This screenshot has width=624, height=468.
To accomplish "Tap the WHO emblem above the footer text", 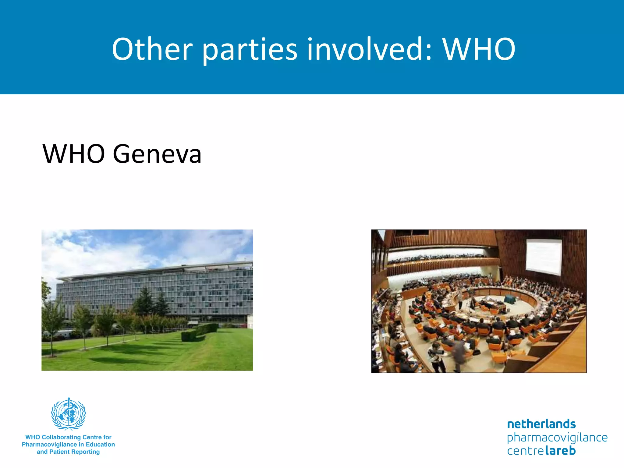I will pos(69,413).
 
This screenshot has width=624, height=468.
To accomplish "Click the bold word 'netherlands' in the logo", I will pos(541,424).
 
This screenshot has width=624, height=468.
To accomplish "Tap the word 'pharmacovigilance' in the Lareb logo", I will pos(557,438).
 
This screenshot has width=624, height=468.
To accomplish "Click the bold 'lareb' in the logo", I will pos(560,451).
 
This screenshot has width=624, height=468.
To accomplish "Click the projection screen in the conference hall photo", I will pos(544,257).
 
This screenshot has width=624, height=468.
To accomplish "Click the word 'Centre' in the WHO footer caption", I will pos(93,437).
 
